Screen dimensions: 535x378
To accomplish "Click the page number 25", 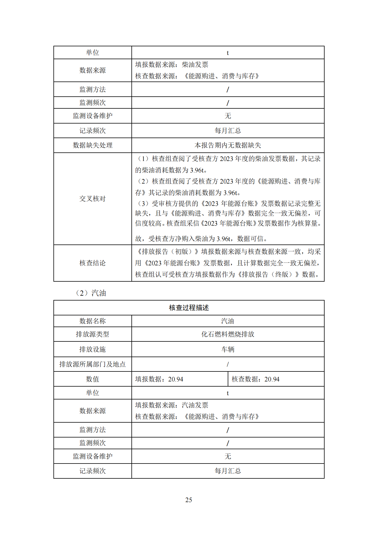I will [189, 500].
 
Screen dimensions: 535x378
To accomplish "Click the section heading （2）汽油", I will [91, 293].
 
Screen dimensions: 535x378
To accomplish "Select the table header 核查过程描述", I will [189, 308].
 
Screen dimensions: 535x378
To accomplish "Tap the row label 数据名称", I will [93, 321].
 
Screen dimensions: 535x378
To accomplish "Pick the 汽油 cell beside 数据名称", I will [228, 321].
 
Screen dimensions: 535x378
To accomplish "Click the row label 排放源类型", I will [93, 334].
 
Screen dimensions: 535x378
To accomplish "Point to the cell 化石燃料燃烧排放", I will [228, 334].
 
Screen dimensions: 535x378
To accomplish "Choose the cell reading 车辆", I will [228, 349].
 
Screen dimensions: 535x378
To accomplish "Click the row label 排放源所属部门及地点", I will [93, 364].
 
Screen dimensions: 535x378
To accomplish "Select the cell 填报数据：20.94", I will [159, 379].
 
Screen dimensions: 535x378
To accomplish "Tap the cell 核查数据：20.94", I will [255, 379].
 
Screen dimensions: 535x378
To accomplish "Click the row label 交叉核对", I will [93, 199].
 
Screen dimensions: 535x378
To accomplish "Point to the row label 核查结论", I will [93, 263].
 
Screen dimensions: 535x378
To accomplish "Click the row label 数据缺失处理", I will [93, 145].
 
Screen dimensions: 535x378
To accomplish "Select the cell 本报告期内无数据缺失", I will [228, 145].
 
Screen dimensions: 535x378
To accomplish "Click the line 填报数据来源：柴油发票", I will [172, 65].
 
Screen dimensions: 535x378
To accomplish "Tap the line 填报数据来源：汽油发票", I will [172, 405].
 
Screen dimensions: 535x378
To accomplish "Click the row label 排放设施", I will [93, 349].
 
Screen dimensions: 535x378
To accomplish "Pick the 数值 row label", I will [93, 379].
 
